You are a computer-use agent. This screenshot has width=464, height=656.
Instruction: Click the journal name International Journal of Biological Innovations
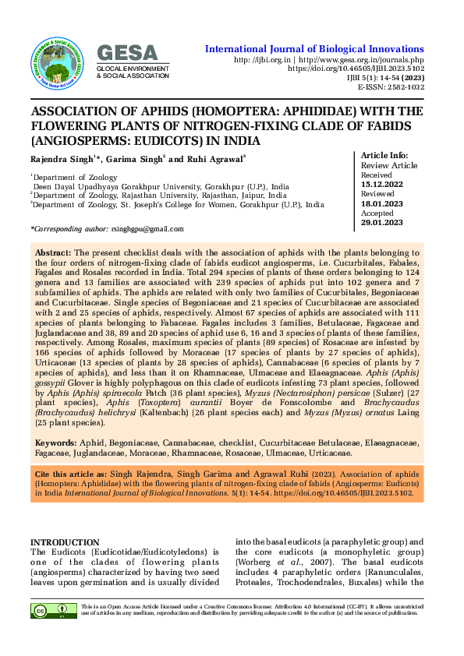tap(314, 49)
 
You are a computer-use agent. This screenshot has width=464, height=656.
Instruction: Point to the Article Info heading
tap(385, 155)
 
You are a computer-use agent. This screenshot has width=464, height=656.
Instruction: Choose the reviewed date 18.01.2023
tap(382, 204)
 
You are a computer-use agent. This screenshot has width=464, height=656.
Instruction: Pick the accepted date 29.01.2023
tap(382, 223)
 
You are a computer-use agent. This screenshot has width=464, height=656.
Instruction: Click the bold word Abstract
tap(53, 253)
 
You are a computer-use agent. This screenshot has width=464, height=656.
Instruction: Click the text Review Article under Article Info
tap(388, 165)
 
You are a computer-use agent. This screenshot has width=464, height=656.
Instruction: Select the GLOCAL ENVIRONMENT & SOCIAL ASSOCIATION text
tap(132, 72)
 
